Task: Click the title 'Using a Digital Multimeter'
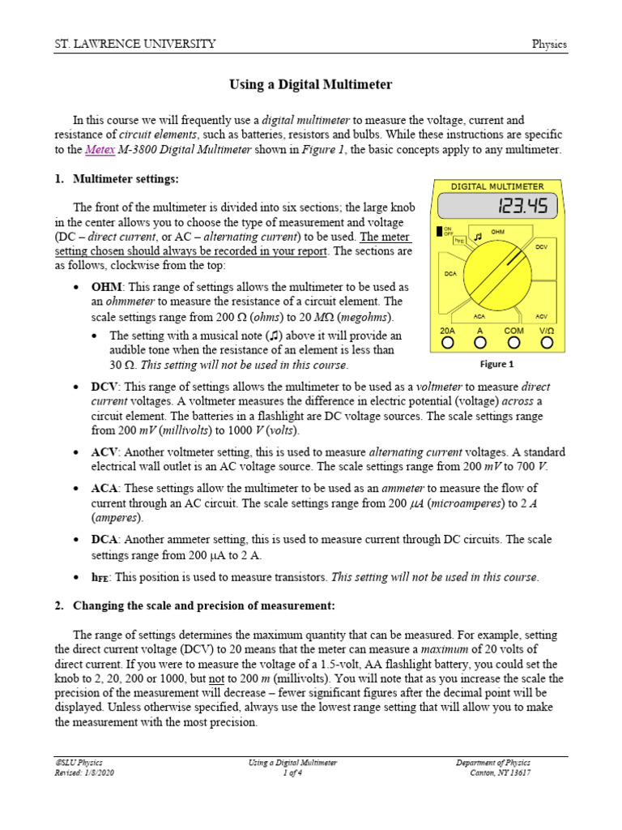[310, 84]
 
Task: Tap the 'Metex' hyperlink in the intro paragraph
[105, 150]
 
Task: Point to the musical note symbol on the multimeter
[478, 237]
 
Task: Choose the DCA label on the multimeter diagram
[451, 274]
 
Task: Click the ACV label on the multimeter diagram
[542, 316]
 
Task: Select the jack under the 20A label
[447, 344]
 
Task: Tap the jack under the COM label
[513, 344]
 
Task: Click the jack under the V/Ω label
[547, 344]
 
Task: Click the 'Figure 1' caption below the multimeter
[496, 364]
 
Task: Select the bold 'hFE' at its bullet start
[101, 577]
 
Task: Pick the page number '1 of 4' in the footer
[292, 773]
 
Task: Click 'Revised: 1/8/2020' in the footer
[81, 773]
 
